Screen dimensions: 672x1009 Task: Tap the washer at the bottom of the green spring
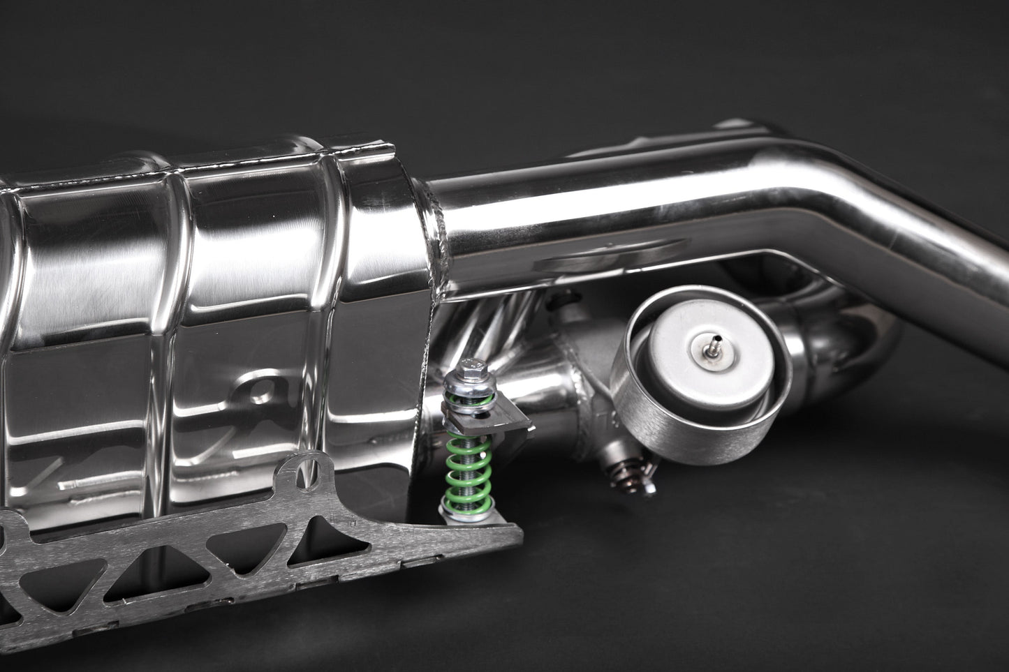coord(457,515)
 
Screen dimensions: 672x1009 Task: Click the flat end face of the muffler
coord(419,335)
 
